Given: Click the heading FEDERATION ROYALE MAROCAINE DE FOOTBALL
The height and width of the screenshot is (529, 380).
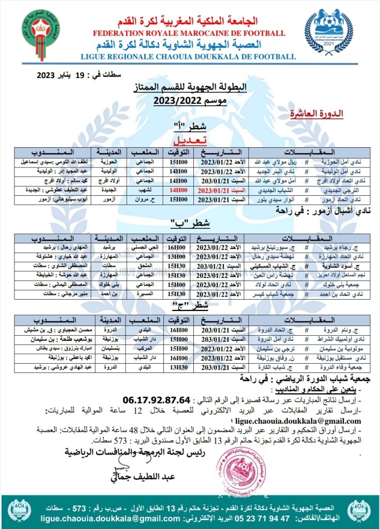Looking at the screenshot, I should point(189,34).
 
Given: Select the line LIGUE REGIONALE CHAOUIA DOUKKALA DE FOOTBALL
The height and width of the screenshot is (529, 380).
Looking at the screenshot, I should point(189,55).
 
